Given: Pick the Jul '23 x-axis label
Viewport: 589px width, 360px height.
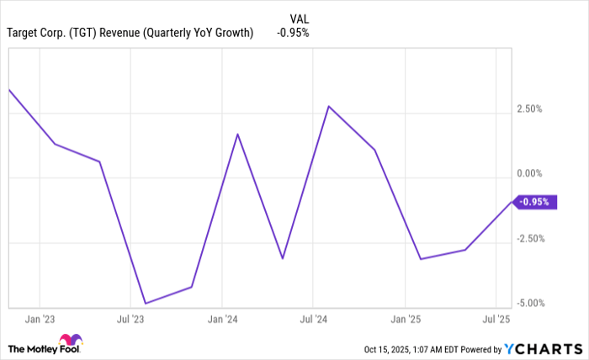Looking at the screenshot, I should click(130, 320).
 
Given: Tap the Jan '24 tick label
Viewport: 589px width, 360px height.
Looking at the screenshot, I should click(221, 320).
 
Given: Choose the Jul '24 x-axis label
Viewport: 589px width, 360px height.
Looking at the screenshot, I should click(313, 320).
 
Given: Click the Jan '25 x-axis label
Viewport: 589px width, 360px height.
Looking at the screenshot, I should click(405, 320).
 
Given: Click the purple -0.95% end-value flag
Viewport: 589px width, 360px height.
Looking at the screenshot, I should click(536, 202).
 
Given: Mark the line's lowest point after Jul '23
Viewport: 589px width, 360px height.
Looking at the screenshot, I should click(146, 303).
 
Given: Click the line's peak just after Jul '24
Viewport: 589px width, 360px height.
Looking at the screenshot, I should click(329, 106).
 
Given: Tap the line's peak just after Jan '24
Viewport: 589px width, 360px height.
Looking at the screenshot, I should click(237, 134).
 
